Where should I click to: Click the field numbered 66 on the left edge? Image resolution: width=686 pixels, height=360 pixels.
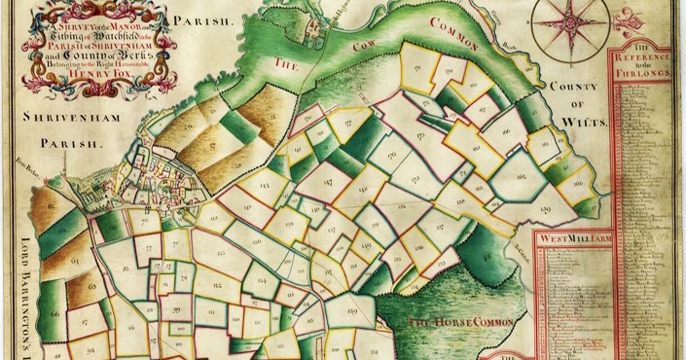pos(55,313)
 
